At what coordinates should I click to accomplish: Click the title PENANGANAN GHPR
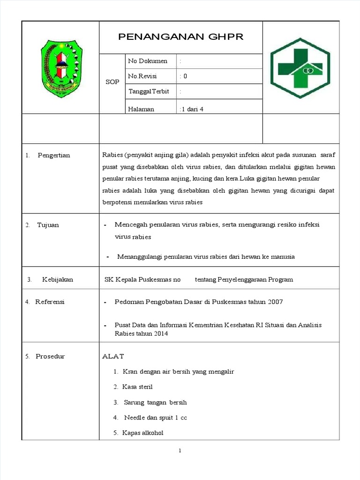[x=180, y=37]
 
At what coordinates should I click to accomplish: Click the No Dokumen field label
[x=148, y=61]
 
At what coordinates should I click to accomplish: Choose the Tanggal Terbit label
[x=149, y=91]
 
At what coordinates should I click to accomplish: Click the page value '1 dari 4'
[x=191, y=109]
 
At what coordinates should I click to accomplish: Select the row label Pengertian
[x=53, y=155]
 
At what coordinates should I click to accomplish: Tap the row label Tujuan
[x=48, y=225]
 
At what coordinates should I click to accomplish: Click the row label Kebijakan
[x=58, y=279]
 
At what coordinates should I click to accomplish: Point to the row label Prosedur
[x=50, y=356]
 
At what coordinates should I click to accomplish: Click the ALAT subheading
[x=113, y=356]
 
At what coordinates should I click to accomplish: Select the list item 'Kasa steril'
[x=137, y=387]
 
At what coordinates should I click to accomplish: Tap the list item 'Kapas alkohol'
[x=142, y=433]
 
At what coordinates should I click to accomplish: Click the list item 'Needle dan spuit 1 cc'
[x=155, y=417]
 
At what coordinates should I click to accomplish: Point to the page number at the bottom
[x=180, y=451]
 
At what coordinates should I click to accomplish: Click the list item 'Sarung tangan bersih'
[x=155, y=402]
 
